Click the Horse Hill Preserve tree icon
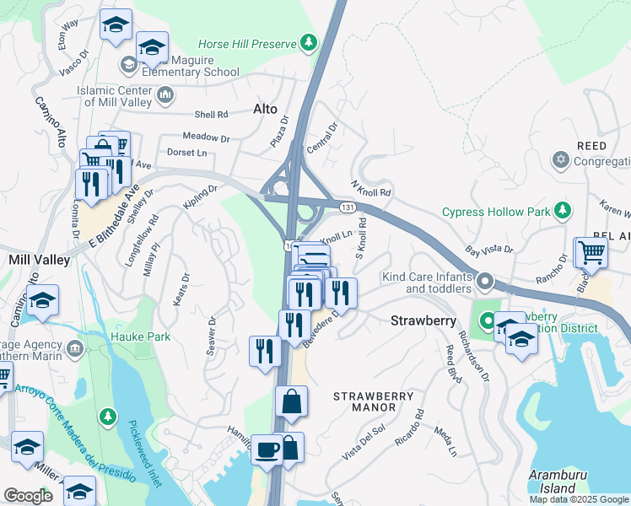tap(310, 42)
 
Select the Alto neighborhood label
tap(265, 109)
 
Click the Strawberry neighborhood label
tap(423, 320)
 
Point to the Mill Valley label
tap(38, 261)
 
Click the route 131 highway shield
tap(347, 206)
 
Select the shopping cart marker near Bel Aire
tap(591, 251)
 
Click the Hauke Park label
tap(140, 336)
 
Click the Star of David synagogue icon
tap(559, 160)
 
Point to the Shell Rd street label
tap(211, 115)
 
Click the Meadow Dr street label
tap(206, 137)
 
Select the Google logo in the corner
tap(28, 496)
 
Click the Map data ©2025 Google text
tap(578, 499)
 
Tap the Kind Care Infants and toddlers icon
tap(485, 280)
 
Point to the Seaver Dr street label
tap(212, 336)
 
